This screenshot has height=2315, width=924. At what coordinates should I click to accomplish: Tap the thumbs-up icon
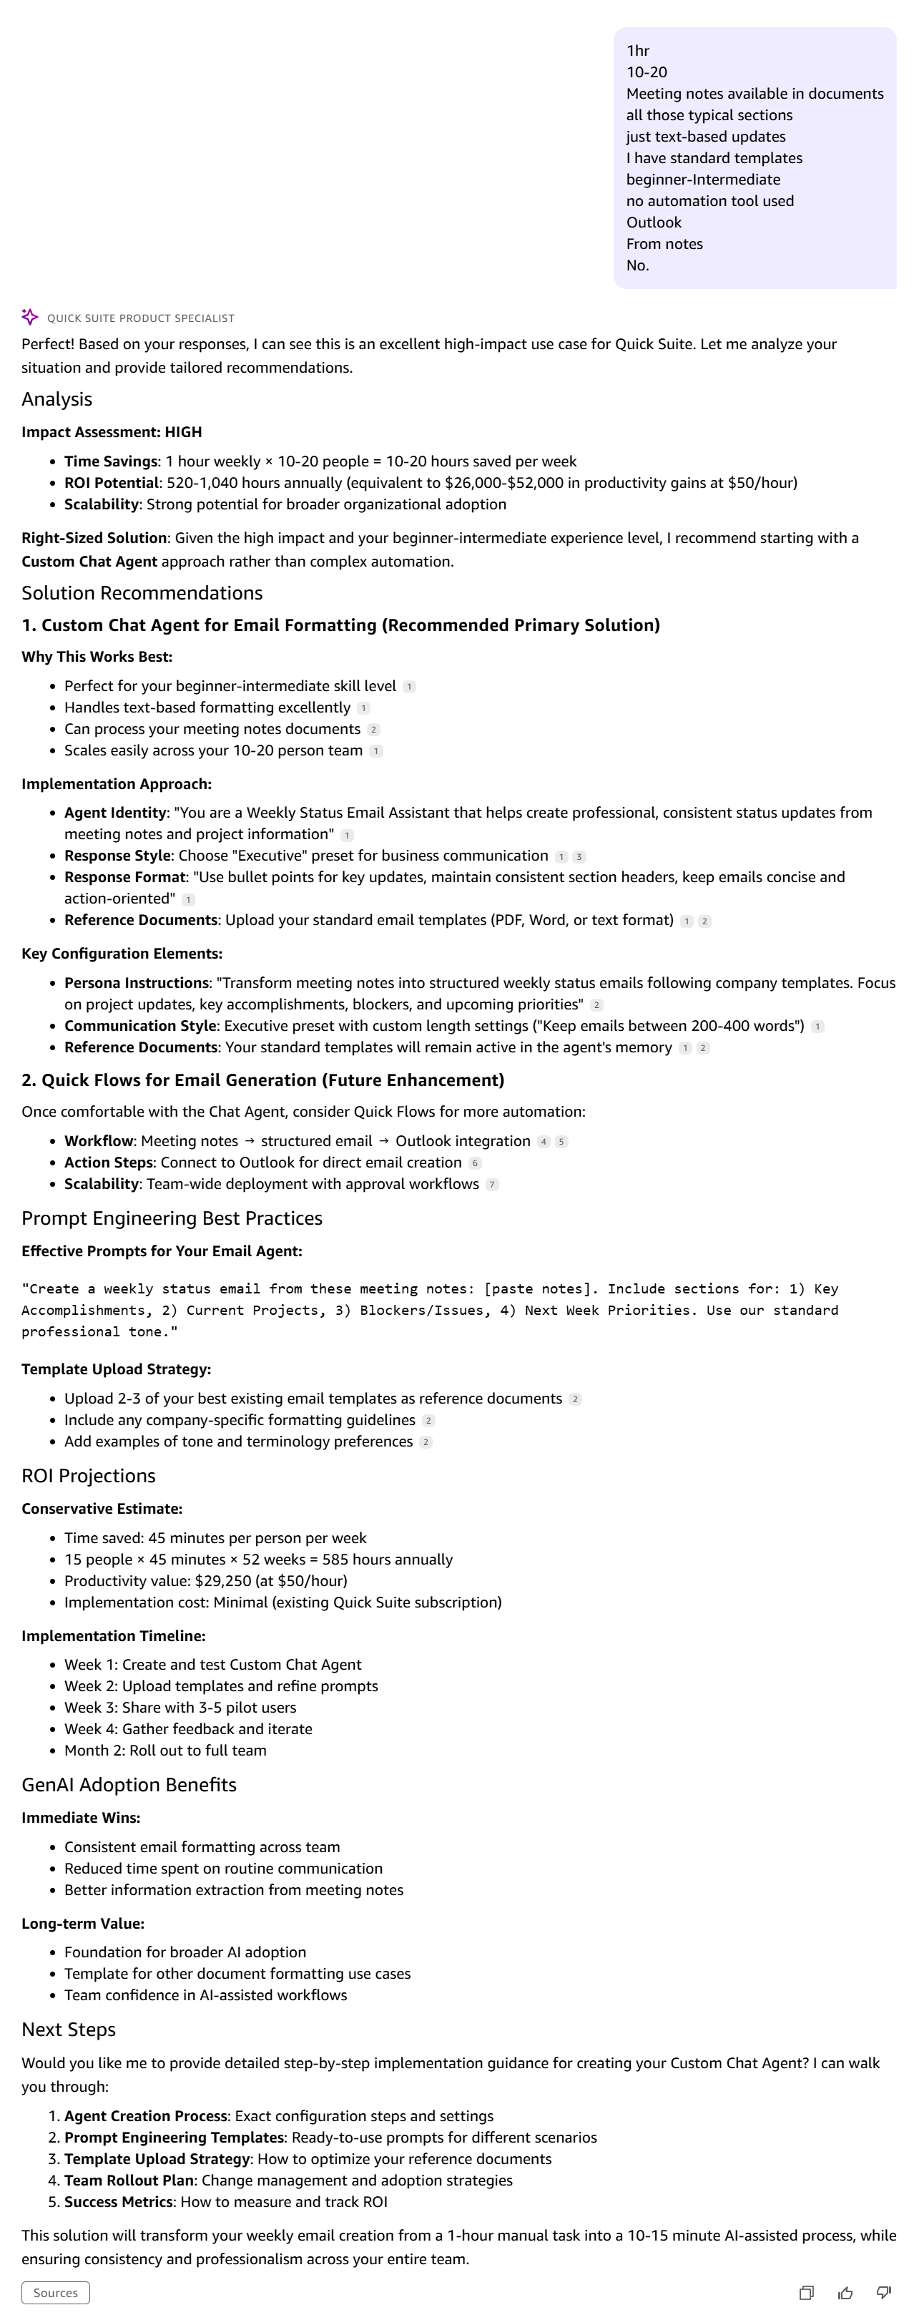(845, 2293)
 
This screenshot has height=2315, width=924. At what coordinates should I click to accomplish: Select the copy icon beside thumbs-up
(806, 2293)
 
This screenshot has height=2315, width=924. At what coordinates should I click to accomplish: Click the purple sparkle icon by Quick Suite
(29, 317)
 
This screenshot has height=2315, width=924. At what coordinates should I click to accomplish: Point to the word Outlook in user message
(654, 222)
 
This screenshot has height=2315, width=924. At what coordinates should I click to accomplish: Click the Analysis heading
(56, 399)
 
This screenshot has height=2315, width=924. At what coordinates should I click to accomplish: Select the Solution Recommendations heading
(142, 593)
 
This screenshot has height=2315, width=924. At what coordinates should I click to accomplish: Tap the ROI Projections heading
(88, 1476)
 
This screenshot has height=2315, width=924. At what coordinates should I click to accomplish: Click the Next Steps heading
(69, 2030)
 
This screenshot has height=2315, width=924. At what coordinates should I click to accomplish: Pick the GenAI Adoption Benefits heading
(129, 1785)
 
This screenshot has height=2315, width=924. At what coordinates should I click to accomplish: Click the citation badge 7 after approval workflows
(491, 1185)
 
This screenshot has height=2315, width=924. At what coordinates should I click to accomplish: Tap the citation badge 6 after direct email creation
(476, 1163)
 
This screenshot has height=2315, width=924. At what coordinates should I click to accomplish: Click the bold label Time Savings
(111, 461)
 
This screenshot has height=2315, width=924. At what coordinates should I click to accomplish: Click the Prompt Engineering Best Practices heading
(172, 1218)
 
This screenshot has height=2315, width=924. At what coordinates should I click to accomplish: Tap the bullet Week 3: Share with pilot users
(180, 1708)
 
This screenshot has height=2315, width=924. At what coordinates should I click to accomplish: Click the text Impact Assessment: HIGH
(112, 432)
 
